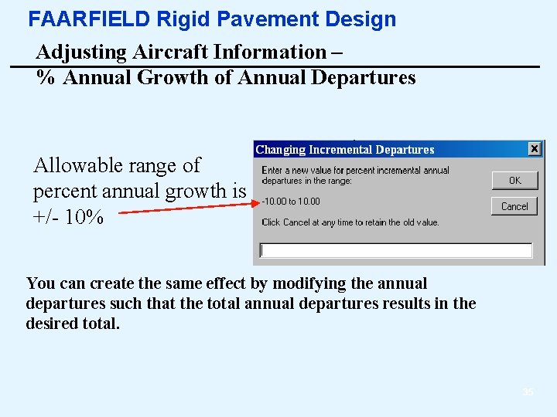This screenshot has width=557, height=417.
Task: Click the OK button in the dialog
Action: [514, 180]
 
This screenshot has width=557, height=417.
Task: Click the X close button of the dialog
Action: [535, 148]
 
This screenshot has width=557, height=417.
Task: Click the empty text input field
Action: [396, 250]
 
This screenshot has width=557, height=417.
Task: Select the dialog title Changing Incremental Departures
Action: [345, 150]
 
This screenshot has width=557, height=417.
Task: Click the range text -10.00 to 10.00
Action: [291, 202]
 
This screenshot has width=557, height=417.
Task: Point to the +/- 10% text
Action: [68, 217]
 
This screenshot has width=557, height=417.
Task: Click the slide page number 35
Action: [528, 392]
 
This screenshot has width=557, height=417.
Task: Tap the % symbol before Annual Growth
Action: [46, 78]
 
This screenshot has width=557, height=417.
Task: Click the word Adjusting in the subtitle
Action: [81, 53]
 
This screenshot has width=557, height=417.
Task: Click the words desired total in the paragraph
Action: [73, 324]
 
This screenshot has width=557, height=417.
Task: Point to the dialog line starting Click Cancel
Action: [350, 222]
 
